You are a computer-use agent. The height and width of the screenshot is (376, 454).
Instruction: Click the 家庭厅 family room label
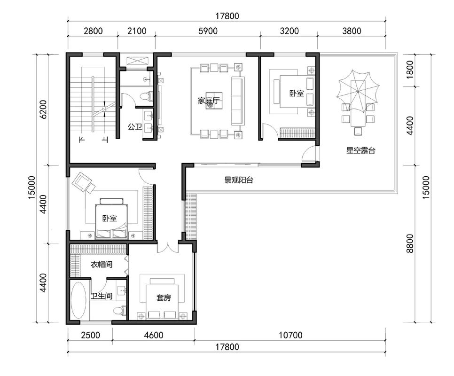[209, 101]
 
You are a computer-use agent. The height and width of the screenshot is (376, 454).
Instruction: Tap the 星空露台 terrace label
[361, 150]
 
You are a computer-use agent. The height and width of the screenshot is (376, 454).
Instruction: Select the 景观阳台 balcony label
[239, 180]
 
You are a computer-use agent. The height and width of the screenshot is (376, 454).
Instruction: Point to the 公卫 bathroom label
[134, 127]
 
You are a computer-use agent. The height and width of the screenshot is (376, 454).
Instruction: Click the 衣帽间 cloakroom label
[102, 264]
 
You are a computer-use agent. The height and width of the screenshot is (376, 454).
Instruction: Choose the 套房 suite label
[164, 297]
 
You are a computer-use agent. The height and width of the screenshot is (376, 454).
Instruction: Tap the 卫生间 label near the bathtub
[102, 296]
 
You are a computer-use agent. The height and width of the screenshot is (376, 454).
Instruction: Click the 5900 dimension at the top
[208, 31]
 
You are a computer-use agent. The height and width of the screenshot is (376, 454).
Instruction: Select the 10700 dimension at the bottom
[290, 335]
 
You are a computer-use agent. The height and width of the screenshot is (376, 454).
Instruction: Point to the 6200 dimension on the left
[43, 110]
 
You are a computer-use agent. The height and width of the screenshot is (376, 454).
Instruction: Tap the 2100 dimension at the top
[137, 31]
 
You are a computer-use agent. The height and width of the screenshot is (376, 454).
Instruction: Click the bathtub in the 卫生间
[78, 300]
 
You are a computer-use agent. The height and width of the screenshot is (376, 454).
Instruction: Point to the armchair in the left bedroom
[84, 182]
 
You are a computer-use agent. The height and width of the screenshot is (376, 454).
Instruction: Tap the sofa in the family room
[238, 101]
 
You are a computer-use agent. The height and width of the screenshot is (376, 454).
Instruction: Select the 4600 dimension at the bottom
[154, 335]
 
